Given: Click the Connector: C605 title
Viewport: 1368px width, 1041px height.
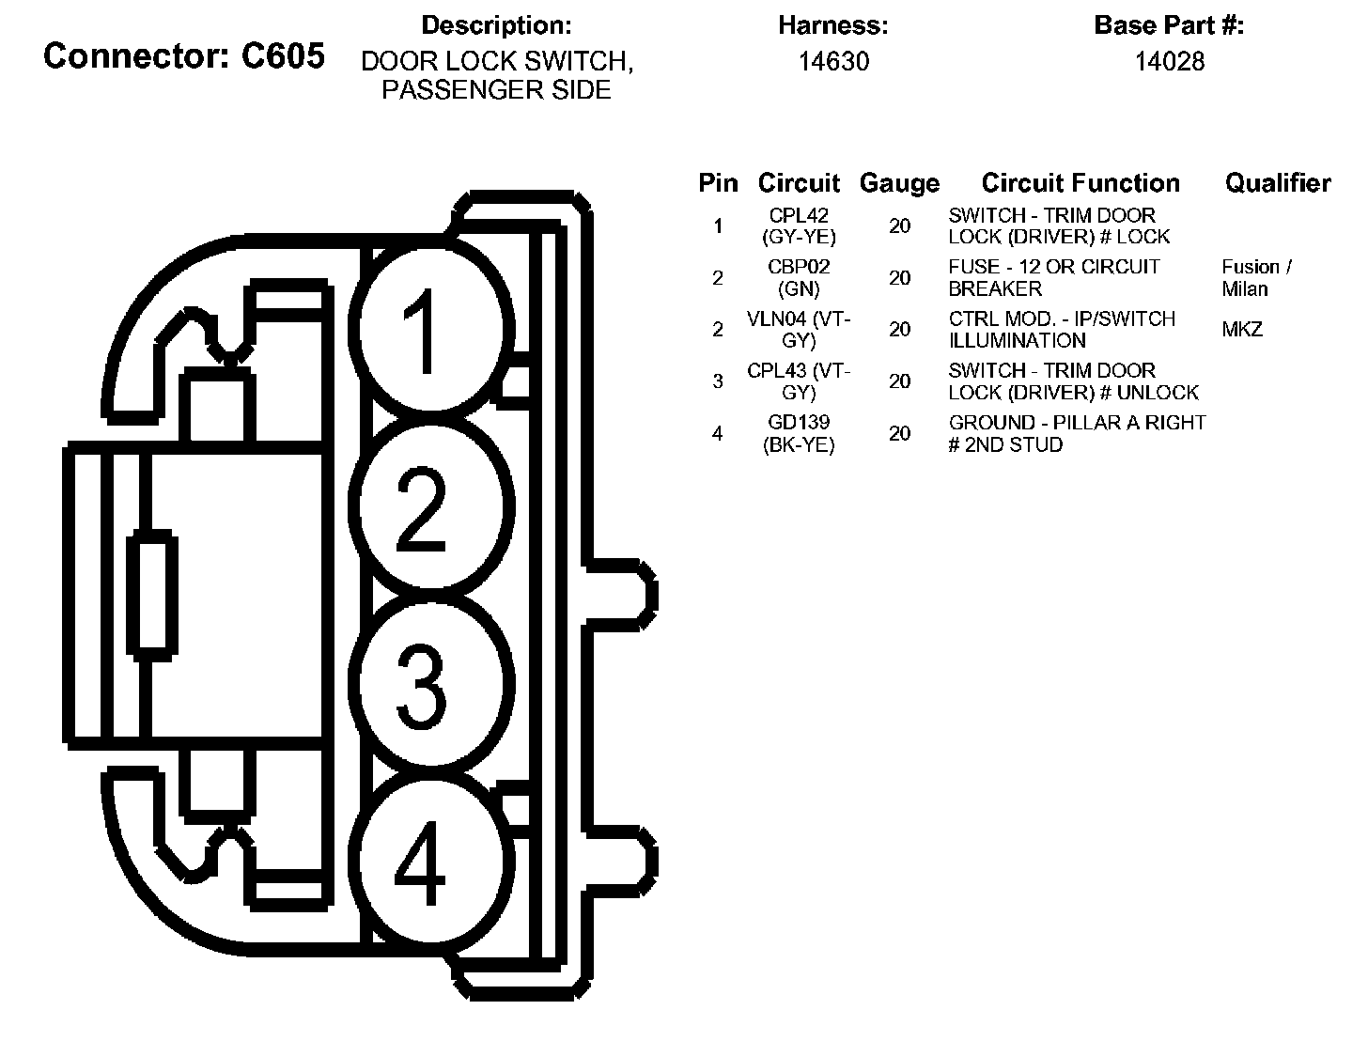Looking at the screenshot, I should click(184, 56).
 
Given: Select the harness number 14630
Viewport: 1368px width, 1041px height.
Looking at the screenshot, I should click(833, 62).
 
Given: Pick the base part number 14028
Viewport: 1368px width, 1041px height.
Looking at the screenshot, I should click(1169, 62).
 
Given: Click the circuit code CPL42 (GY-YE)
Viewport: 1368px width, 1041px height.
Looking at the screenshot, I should click(799, 226).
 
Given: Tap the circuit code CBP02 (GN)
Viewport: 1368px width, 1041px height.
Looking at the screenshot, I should click(799, 278).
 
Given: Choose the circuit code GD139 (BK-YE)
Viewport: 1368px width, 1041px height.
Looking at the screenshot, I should click(799, 433).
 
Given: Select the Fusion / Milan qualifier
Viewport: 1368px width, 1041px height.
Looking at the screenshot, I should click(1256, 278).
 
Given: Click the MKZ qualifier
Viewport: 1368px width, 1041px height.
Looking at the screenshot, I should click(1242, 330).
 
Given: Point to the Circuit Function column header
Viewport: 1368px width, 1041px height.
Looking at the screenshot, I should click(1080, 183).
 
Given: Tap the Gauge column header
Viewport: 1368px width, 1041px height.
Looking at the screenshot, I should click(899, 183).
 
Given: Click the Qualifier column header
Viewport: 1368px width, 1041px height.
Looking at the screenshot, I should click(1278, 183).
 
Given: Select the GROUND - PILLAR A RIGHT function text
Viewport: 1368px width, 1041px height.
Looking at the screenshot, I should click(1077, 433).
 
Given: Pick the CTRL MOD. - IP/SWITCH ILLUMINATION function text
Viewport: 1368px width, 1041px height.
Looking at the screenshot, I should click(1062, 330).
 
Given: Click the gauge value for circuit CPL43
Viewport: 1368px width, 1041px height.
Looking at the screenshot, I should click(900, 381).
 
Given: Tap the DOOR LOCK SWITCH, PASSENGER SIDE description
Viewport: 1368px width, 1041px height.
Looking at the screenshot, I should click(497, 75).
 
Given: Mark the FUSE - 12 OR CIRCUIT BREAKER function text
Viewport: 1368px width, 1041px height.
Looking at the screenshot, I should click(1054, 278).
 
